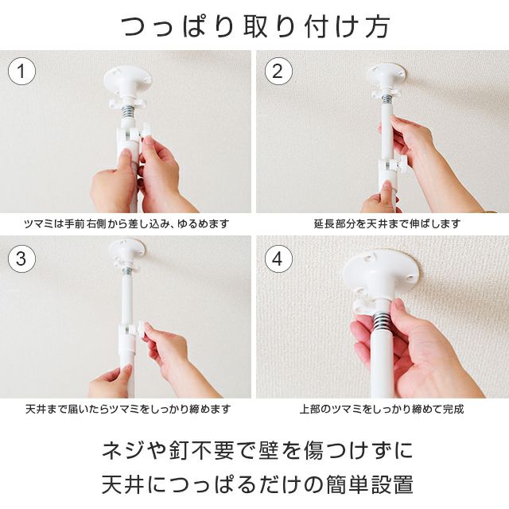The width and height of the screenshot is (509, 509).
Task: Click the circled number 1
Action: (x=21, y=71)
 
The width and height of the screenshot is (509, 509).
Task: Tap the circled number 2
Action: (x=278, y=71)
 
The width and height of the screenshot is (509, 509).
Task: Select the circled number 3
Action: (x=21, y=258)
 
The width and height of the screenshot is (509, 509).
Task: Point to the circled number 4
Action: (x=278, y=259)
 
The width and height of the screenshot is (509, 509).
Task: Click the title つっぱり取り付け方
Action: (x=255, y=26)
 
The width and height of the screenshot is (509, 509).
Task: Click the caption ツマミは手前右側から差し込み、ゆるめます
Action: (x=126, y=223)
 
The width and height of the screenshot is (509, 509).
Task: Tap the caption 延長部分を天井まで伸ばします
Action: (x=387, y=223)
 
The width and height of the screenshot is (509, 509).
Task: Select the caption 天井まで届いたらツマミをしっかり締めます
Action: (x=128, y=409)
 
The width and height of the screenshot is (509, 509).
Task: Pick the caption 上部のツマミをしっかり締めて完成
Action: (x=382, y=409)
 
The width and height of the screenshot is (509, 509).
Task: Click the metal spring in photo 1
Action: (x=127, y=113)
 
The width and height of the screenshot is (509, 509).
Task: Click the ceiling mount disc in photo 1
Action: (x=127, y=78)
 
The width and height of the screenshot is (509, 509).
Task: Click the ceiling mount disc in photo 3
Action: (x=127, y=248)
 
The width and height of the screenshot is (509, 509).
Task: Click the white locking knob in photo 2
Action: (x=402, y=163)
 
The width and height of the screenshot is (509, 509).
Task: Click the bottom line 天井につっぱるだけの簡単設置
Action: (x=257, y=484)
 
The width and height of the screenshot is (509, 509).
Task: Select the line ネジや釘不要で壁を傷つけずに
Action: (x=258, y=450)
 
